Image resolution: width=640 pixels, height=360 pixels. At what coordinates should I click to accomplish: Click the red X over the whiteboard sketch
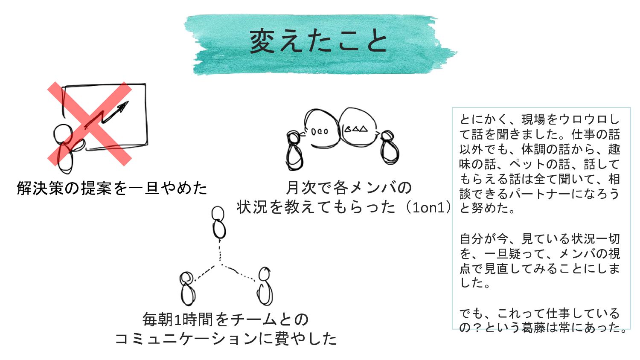[x=89, y=124]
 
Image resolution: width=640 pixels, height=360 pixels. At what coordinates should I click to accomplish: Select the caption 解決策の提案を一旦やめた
[x=112, y=188]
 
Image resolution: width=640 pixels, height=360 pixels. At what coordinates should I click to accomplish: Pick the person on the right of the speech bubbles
[x=389, y=148]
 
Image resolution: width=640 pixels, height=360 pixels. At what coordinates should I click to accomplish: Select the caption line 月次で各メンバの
[x=349, y=187]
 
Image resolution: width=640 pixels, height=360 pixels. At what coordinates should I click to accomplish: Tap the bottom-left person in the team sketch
[x=187, y=288]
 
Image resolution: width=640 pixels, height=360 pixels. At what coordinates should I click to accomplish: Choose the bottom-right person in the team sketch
[x=265, y=286]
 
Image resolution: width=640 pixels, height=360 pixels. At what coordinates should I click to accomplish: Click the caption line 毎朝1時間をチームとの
[x=225, y=319]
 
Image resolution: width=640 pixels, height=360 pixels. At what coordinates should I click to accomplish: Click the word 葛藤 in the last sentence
[x=534, y=328]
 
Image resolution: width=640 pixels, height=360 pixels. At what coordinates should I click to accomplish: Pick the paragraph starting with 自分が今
[x=539, y=261]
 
